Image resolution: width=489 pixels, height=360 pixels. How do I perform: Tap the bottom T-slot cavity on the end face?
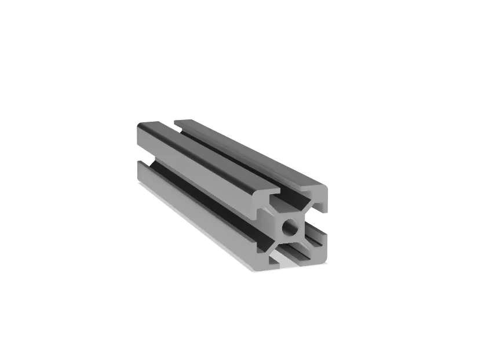291,252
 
